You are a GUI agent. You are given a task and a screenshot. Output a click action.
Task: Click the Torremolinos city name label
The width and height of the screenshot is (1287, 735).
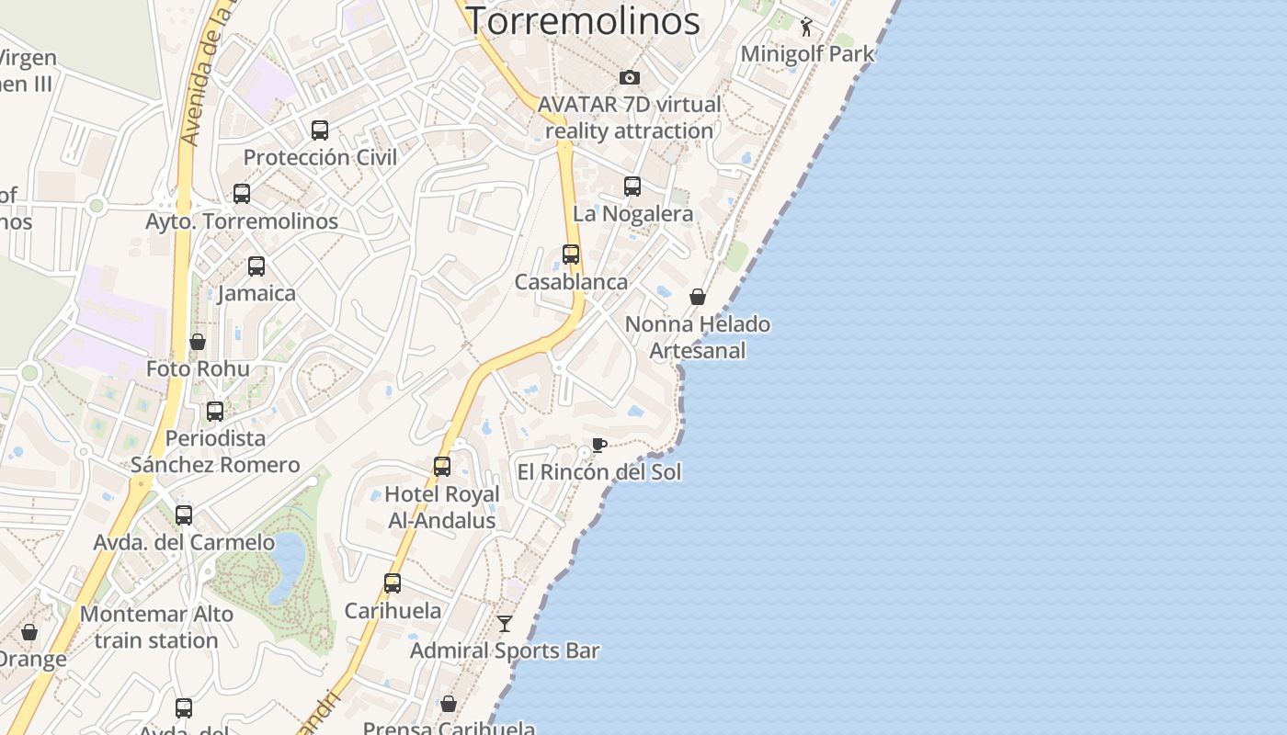[x=583, y=20]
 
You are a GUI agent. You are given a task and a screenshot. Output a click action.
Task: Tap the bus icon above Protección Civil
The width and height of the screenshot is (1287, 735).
[x=320, y=130]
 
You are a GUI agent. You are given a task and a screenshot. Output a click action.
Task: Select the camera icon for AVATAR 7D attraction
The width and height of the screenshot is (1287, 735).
[x=629, y=77]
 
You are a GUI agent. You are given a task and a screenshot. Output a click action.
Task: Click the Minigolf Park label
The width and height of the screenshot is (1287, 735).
[x=807, y=53]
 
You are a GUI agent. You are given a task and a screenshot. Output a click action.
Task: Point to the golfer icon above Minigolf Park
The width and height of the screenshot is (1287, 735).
[x=806, y=27]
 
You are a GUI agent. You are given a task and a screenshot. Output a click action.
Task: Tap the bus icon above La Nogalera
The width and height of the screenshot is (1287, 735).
[x=632, y=187]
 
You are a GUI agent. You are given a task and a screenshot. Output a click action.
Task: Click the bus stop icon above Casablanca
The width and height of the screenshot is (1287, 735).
[x=571, y=254]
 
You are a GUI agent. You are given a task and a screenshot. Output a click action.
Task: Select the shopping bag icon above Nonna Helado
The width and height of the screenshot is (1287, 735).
[x=698, y=297]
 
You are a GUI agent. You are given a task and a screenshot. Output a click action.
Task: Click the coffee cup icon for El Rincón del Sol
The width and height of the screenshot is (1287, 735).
[x=598, y=446]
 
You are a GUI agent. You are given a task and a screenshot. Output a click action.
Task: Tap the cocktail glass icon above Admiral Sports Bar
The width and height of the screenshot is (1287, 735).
[x=505, y=624]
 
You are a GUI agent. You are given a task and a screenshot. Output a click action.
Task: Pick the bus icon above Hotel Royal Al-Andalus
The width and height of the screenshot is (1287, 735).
[x=442, y=467]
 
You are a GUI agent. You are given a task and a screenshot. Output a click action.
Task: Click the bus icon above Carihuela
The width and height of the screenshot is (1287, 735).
[x=393, y=583]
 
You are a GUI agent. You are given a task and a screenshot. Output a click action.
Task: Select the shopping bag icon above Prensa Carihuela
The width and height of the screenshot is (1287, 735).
[x=449, y=704]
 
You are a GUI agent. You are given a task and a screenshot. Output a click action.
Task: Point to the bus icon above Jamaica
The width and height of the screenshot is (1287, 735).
[x=256, y=266]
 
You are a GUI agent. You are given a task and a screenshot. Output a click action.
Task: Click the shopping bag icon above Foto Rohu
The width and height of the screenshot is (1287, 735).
[x=198, y=342]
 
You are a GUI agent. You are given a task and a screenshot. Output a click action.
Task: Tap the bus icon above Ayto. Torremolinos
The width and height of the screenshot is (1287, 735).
[x=242, y=194]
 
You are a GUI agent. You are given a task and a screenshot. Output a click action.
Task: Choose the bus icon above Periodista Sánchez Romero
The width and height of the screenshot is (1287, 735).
[x=215, y=412]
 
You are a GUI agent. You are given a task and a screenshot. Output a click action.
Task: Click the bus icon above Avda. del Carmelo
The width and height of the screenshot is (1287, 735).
[x=184, y=515]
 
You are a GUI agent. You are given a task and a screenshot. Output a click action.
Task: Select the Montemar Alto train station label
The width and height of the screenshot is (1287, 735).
[x=156, y=627]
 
